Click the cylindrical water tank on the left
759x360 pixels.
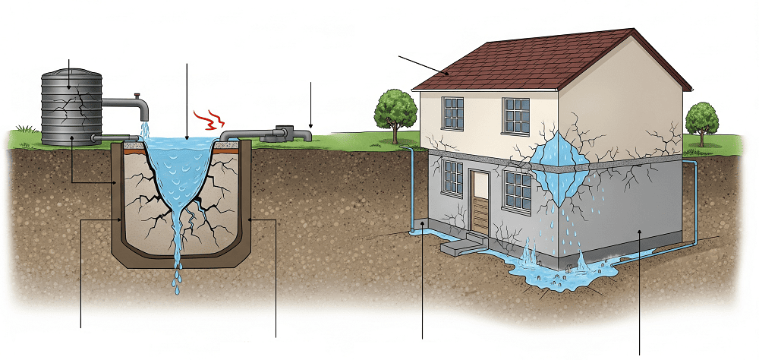point(71,106)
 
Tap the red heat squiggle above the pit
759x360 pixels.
point(206,119)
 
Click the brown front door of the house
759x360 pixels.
point(480,202)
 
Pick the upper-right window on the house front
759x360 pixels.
point(516,115)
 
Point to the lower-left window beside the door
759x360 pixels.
point(452,179)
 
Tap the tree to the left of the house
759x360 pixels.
point(392,110)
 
